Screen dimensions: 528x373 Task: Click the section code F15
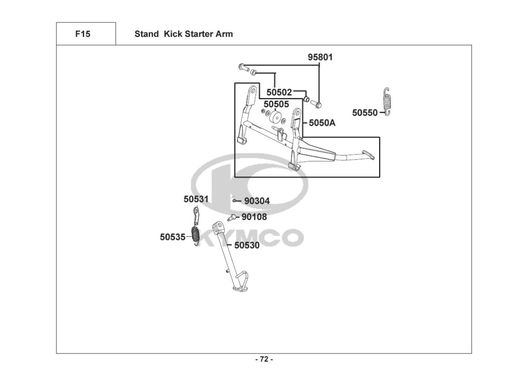pos(82,34)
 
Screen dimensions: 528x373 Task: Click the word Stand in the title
pos(146,34)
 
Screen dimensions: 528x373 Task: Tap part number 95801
pos(320,57)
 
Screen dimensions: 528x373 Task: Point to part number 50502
pos(279,92)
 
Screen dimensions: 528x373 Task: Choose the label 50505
pos(276,104)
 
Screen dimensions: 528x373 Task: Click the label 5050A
pos(322,123)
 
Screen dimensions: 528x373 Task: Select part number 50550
pos(365,113)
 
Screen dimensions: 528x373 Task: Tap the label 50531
pos(196,199)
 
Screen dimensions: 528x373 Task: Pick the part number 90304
pos(257,201)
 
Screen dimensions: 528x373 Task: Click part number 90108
pos(254,217)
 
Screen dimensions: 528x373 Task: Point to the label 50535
pos(173,237)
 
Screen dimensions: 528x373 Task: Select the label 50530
pos(247,245)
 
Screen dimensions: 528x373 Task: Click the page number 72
pos(264,359)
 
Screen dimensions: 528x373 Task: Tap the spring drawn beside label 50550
pos(387,102)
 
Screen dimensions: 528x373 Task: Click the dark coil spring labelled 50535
pos(195,235)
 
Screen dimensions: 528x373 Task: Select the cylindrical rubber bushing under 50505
pos(276,118)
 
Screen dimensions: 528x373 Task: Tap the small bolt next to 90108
pos(231,218)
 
